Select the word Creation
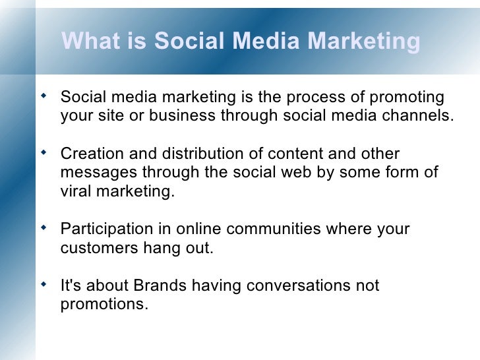click(88, 154)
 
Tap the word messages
click(91, 173)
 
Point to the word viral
click(75, 191)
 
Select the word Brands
click(159, 286)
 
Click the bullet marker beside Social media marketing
click(44, 96)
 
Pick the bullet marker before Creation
click(44, 152)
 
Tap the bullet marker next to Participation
click(44, 228)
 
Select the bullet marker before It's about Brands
click(44, 285)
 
